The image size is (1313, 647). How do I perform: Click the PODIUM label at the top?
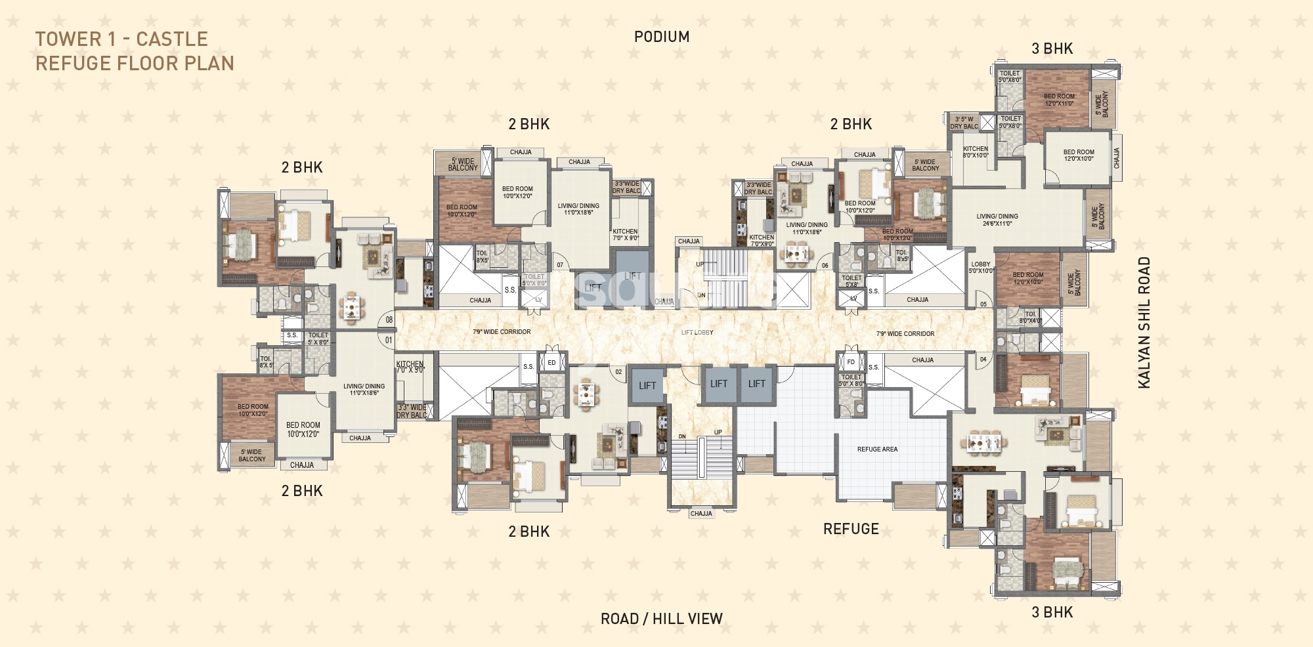[662, 37]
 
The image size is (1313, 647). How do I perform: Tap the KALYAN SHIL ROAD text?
[1144, 323]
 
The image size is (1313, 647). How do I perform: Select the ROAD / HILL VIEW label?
[661, 619]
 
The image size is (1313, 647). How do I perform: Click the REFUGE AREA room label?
[877, 449]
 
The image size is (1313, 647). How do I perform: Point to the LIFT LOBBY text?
[697, 333]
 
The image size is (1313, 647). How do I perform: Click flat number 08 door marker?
[389, 320]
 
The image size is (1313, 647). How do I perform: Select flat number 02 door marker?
[618, 372]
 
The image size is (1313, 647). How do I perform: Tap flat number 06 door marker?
[825, 266]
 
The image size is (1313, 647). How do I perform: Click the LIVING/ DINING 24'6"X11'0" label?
[997, 220]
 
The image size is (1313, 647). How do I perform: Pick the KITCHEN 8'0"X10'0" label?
[976, 152]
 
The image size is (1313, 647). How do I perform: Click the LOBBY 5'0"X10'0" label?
[981, 268]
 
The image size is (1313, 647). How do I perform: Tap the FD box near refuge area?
[851, 362]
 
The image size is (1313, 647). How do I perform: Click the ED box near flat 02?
[551, 363]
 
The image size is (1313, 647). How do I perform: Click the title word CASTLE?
[171, 39]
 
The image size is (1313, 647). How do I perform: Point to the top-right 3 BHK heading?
[1052, 49]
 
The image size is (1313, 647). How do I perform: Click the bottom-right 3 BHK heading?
[1052, 612]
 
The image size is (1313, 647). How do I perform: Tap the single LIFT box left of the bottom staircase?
[647, 386]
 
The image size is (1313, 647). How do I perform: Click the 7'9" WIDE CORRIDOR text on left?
[502, 332]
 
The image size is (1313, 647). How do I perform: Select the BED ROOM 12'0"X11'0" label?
[1059, 100]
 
